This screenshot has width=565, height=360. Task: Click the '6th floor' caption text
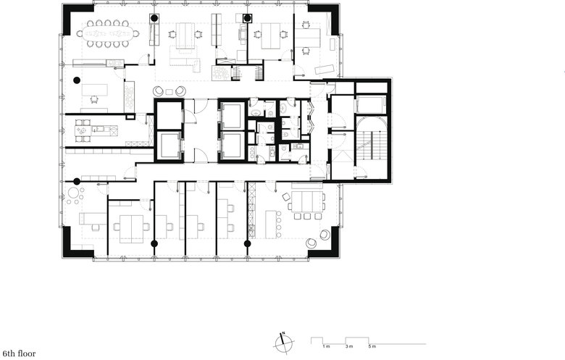[19, 353]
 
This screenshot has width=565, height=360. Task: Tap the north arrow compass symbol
[283, 343]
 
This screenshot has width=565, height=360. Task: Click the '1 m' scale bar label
[326, 347]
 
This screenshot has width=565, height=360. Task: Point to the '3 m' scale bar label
[349, 347]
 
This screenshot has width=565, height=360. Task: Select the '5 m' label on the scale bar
[372, 347]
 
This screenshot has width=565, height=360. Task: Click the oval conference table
[108, 33]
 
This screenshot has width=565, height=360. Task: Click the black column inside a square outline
[247, 18]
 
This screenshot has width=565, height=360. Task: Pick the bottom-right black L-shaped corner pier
[327, 245]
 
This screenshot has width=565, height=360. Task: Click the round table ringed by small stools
[75, 195]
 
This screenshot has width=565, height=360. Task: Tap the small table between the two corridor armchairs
[169, 91]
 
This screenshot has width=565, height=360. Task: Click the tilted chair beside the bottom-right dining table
[285, 197]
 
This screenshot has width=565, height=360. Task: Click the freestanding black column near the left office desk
[76, 80]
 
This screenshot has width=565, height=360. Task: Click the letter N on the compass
[283, 332]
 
